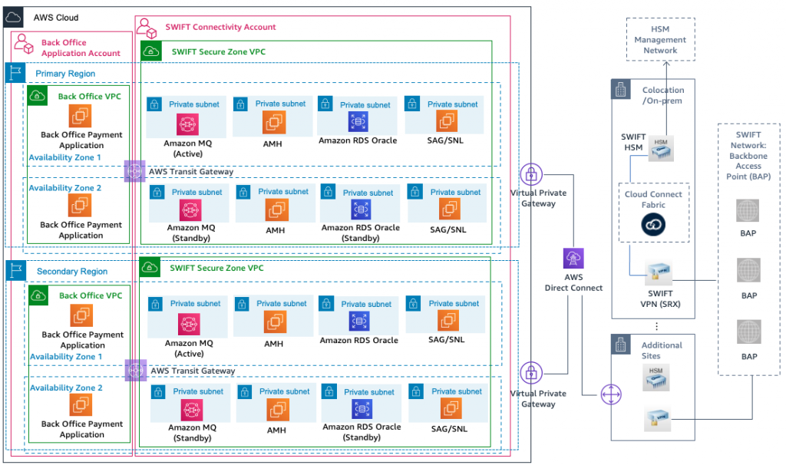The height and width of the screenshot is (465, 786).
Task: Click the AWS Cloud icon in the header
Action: [x=15, y=17]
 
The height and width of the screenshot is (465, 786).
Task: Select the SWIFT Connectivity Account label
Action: [x=220, y=27]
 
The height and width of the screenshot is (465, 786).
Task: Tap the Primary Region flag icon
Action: [x=15, y=73]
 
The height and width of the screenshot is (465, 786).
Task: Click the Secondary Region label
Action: [x=72, y=271]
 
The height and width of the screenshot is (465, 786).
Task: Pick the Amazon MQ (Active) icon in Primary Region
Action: [x=187, y=123]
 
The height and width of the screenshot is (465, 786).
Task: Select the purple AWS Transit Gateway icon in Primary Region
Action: [x=134, y=170]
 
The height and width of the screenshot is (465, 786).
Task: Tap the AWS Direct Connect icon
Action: [x=573, y=258]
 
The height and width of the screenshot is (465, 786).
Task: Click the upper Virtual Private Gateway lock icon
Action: [x=530, y=174]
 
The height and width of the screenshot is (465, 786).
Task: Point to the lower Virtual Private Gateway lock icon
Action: [x=530, y=374]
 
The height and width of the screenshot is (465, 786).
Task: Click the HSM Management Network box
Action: [x=660, y=40]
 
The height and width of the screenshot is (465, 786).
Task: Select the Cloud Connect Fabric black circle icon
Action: [x=653, y=224]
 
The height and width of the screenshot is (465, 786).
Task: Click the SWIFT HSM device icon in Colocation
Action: [x=659, y=147]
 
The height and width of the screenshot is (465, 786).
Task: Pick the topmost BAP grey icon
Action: [x=748, y=210]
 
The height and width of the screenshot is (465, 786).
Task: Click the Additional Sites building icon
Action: [x=621, y=345]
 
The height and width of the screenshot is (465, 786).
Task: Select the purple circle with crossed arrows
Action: [x=609, y=394]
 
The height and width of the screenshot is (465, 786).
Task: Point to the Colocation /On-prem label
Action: [x=662, y=95]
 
